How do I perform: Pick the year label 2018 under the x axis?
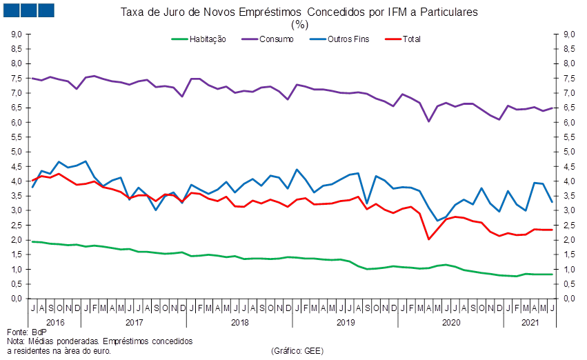[239, 322]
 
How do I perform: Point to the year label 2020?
[450, 322]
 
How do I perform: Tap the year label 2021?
[529, 322]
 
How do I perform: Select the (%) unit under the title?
[299, 24]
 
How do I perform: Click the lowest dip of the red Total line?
[429, 239]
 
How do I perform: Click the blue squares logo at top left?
[28, 10]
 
